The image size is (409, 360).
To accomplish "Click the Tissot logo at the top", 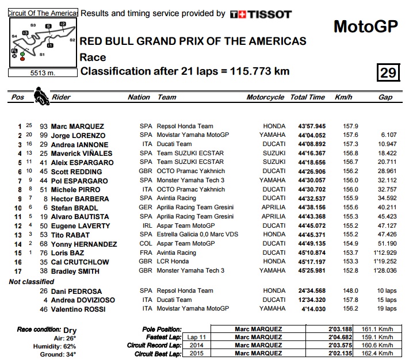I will (260, 14).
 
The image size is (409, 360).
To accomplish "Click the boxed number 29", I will (388, 72).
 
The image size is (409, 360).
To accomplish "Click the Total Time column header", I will (307, 97).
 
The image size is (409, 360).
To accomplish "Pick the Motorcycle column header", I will (265, 97).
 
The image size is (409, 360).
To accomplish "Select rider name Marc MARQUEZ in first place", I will (78, 127).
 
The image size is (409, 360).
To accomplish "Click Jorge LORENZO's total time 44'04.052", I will (312, 135).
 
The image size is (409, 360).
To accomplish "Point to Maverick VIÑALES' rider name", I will (82, 154).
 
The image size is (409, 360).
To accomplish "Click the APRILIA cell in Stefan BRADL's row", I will (274, 208).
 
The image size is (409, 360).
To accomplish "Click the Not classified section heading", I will (32, 282).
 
